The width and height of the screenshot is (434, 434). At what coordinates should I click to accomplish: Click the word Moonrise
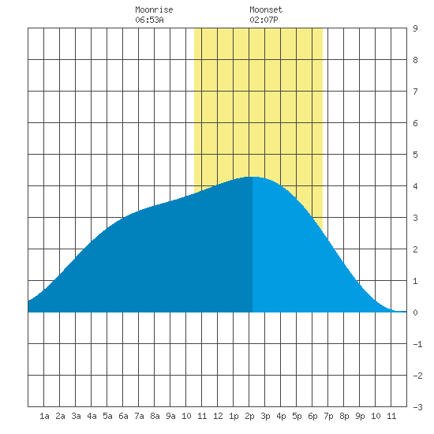tap(154, 9)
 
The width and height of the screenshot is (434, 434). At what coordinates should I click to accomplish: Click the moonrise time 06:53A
tap(149, 20)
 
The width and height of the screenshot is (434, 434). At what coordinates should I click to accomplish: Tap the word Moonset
tap(266, 9)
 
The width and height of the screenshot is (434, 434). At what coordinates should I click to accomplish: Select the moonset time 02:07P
tap(264, 20)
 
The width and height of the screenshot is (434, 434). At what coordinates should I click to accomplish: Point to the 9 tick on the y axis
tap(415, 28)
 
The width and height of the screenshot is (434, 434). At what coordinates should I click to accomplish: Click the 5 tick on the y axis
tap(415, 155)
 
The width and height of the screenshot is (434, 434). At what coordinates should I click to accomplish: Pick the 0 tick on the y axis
tap(415, 312)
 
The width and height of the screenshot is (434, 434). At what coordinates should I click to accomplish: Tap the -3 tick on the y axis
tap(417, 407)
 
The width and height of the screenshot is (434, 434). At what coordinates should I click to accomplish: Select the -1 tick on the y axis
tap(417, 344)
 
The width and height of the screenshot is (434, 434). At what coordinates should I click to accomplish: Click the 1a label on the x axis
tap(44, 416)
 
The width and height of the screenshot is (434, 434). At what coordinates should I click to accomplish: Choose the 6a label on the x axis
tap(123, 416)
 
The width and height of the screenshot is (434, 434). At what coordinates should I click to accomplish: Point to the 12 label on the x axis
tap(218, 416)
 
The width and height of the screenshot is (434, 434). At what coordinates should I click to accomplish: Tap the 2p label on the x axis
tap(249, 417)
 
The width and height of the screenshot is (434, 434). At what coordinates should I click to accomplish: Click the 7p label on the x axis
tap(328, 417)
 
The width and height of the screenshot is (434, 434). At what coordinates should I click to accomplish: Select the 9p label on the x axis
tap(360, 417)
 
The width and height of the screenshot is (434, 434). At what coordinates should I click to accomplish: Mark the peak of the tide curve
tap(253, 177)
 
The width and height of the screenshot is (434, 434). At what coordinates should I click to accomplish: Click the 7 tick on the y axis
tap(415, 92)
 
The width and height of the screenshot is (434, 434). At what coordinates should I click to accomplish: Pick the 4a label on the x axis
tap(92, 416)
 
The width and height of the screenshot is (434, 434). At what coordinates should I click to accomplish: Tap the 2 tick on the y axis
tap(415, 249)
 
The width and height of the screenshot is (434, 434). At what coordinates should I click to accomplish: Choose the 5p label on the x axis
tap(297, 417)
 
